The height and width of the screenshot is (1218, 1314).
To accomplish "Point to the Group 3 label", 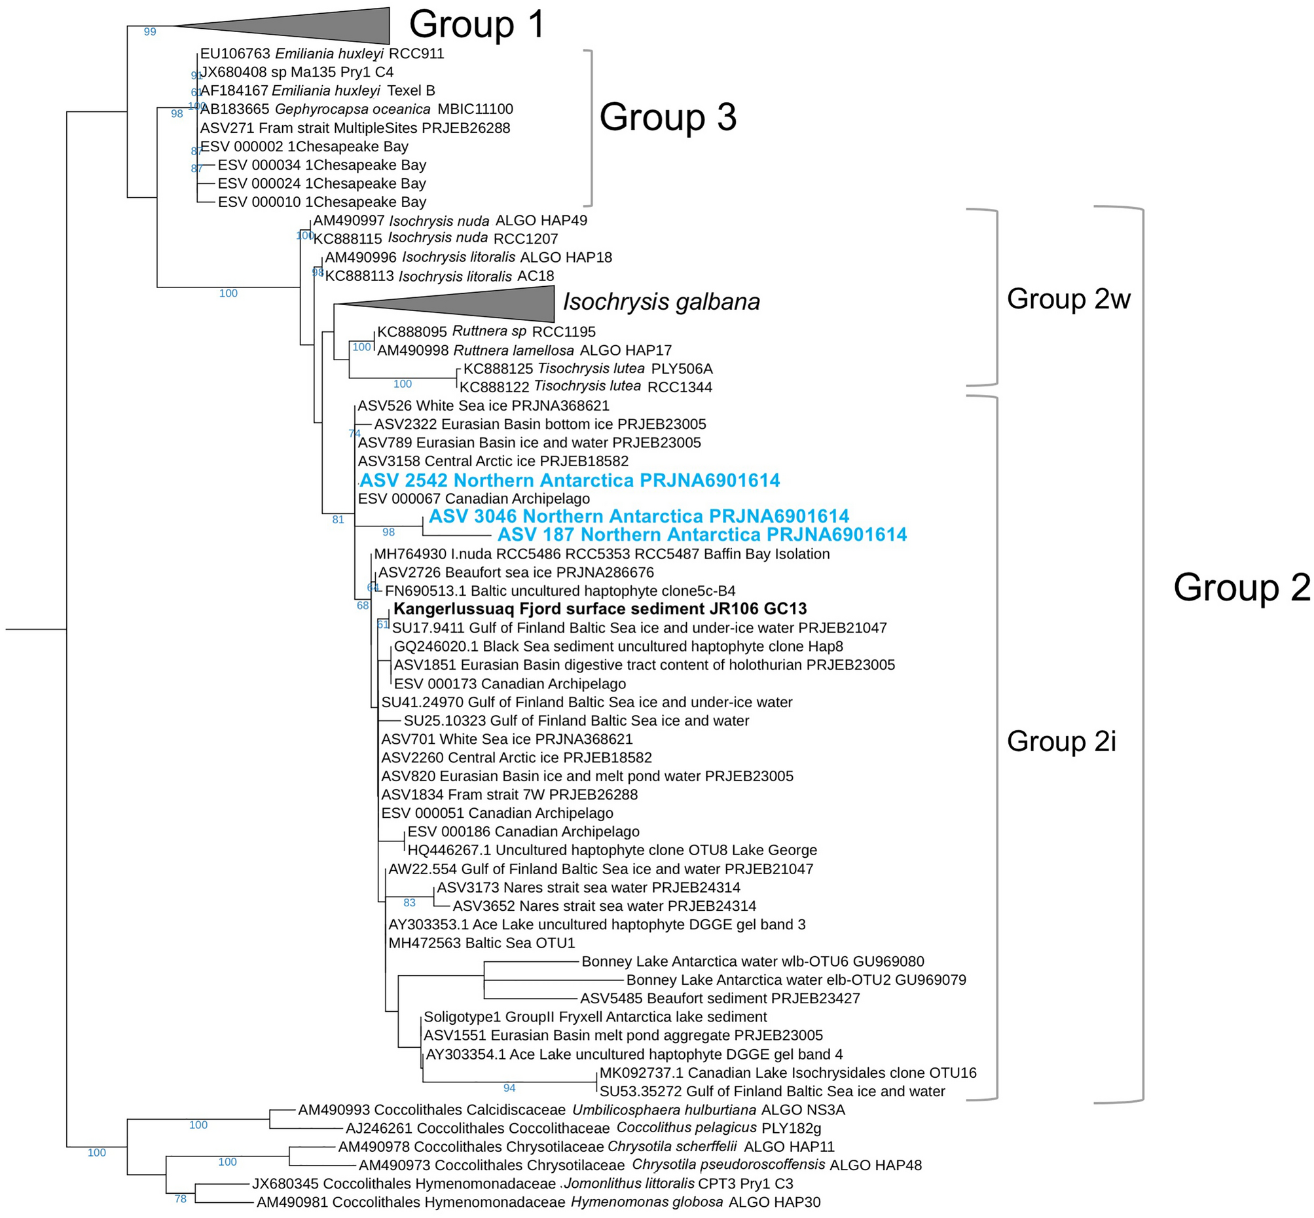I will [667, 117].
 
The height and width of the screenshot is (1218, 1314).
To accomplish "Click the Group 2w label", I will [1068, 299].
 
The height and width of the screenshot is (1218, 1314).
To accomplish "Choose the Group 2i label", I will [1061, 741].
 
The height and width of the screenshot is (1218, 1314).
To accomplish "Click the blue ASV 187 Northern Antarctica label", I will [702, 534].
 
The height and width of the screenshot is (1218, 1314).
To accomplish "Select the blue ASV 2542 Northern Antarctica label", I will [570, 481].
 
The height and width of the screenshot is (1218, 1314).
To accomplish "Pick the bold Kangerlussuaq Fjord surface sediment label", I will [600, 609].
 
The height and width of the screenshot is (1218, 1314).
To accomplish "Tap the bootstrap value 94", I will [509, 1088].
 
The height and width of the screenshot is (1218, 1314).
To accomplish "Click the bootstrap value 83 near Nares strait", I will [409, 903].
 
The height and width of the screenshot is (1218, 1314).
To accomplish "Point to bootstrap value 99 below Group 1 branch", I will [149, 31].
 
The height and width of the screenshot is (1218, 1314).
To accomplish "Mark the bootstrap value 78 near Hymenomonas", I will [181, 1199].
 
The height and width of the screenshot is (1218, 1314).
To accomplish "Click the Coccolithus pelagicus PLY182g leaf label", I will [583, 1128].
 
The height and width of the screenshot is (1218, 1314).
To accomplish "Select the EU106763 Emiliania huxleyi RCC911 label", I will [321, 54].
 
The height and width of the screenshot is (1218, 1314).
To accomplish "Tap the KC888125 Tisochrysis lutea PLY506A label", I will [588, 369].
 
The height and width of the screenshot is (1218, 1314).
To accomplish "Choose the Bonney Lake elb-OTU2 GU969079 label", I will [795, 980].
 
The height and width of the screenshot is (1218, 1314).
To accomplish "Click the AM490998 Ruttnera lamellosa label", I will [524, 350].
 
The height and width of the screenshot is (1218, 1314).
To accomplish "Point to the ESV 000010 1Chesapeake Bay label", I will [321, 202].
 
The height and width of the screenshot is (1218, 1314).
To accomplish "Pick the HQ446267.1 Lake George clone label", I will [611, 850].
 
